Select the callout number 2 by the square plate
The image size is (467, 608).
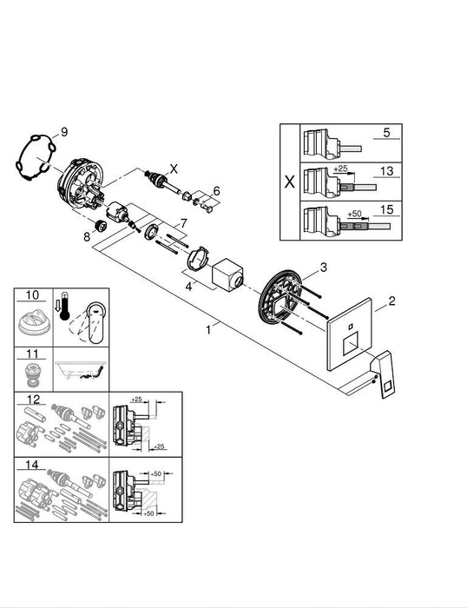coord(391,301)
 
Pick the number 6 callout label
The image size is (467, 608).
coord(217,190)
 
